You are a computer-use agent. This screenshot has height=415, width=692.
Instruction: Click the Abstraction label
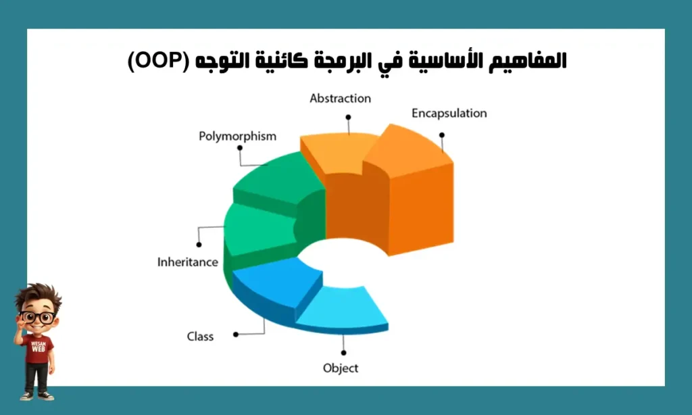point(340,99)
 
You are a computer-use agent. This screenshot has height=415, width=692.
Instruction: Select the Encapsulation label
point(449,113)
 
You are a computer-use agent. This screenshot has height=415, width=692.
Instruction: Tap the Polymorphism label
point(237,136)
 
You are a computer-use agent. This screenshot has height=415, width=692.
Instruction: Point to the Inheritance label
point(187,262)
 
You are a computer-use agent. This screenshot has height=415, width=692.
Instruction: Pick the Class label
point(200,336)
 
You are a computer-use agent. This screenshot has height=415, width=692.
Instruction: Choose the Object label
point(341,368)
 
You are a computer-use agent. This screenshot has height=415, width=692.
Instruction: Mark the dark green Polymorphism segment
point(277,179)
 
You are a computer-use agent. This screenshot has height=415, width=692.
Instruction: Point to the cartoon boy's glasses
point(38,317)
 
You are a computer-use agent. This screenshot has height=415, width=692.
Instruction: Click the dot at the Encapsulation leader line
point(441,135)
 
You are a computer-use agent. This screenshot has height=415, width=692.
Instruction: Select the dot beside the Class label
point(235,334)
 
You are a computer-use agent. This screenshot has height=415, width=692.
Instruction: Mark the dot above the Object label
point(343,352)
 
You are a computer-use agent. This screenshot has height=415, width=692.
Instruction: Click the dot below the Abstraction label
point(348,117)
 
